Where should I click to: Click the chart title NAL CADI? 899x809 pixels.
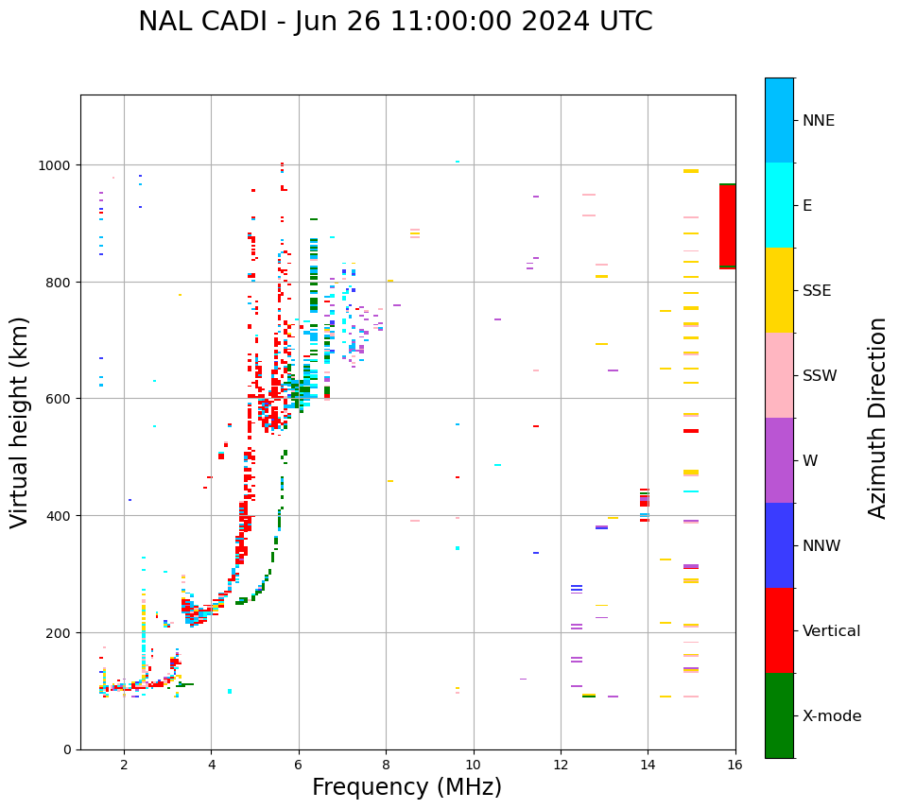point(395,22)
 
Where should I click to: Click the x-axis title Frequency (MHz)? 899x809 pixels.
point(406,787)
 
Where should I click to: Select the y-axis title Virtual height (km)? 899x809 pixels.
point(20,422)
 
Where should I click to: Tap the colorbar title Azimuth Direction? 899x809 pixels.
point(878,418)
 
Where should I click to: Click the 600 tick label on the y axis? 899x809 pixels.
point(61,399)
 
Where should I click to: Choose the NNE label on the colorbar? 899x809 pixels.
point(819,121)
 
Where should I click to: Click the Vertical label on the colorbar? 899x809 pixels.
point(832,631)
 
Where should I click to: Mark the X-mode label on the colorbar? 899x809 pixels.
point(832,716)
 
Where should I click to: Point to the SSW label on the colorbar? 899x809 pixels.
point(820,376)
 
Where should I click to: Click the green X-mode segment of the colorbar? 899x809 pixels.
point(779,715)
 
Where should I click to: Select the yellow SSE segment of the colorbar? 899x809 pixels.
point(779,290)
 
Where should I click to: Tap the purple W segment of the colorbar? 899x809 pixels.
point(779,460)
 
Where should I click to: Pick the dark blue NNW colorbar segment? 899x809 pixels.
point(779,545)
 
